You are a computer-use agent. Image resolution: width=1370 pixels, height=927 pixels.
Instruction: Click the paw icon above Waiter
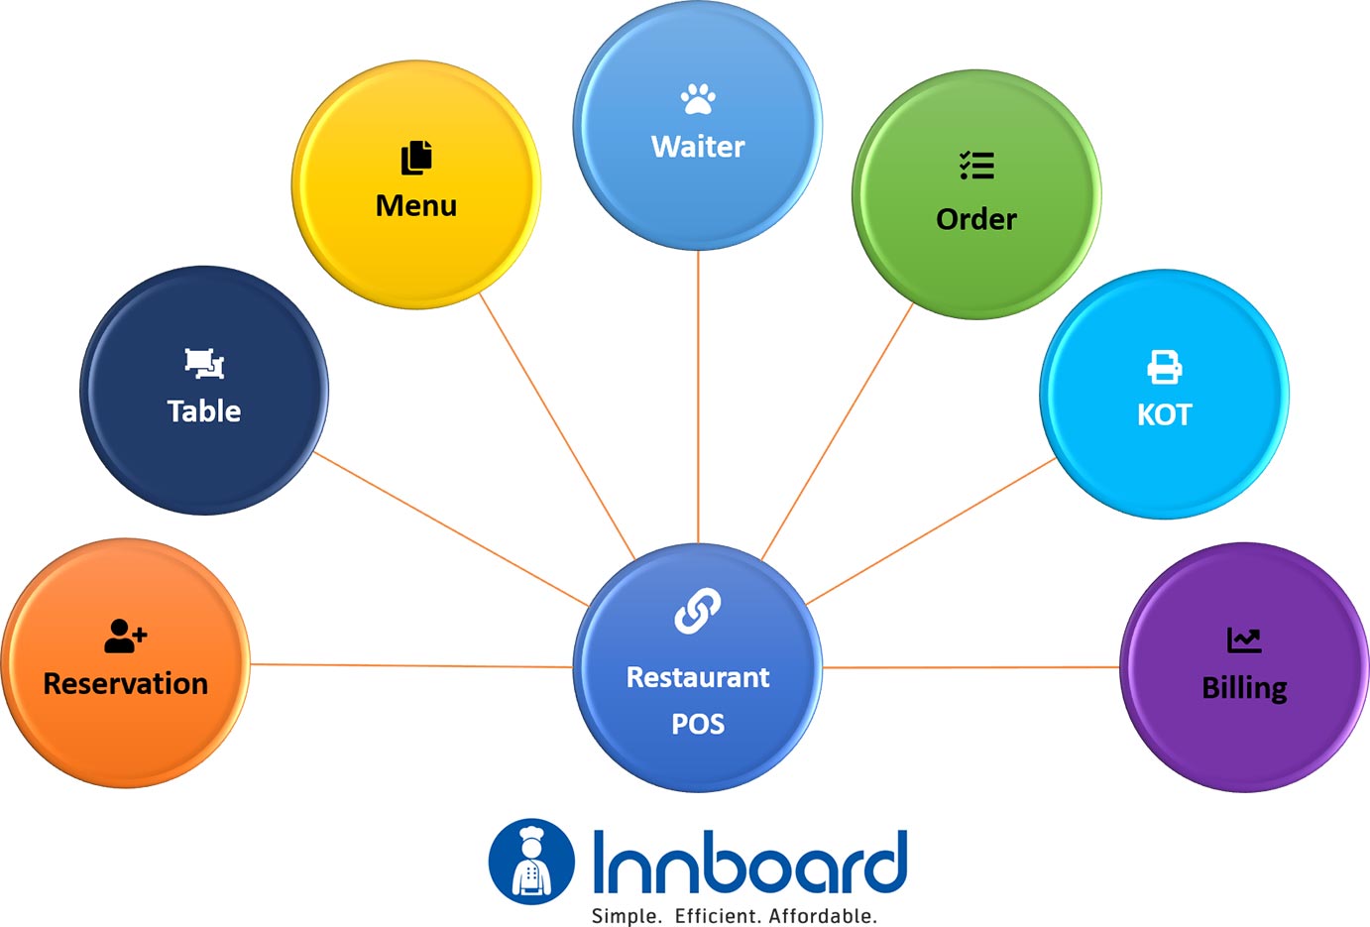pyautogui.click(x=698, y=98)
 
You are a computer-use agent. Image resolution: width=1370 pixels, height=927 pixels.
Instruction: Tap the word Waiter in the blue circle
pyautogui.click(x=698, y=147)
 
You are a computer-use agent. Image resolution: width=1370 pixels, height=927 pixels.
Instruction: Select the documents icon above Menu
pyautogui.click(x=416, y=158)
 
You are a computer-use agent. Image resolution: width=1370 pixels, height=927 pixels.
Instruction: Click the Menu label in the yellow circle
pyautogui.click(x=416, y=205)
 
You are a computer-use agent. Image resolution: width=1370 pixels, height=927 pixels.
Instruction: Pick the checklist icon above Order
pyautogui.click(x=976, y=166)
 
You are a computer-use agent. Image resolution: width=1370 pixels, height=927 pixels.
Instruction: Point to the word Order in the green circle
pyautogui.click(x=976, y=219)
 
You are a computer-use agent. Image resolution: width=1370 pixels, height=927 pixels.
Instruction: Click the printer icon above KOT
pyautogui.click(x=1165, y=367)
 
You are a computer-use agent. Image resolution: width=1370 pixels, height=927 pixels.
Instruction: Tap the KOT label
pyautogui.click(x=1165, y=414)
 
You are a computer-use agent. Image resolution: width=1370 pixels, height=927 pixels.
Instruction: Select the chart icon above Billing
pyautogui.click(x=1244, y=640)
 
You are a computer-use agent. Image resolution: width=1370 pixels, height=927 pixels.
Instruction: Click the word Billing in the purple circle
pyautogui.click(x=1244, y=688)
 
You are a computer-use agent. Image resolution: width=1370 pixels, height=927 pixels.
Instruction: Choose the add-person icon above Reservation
pyautogui.click(x=125, y=636)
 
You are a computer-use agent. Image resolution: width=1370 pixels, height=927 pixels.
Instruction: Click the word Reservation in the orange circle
pyautogui.click(x=126, y=684)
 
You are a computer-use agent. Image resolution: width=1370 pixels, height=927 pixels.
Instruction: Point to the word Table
pyautogui.click(x=204, y=411)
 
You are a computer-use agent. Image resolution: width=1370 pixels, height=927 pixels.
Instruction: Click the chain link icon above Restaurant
pyautogui.click(x=698, y=611)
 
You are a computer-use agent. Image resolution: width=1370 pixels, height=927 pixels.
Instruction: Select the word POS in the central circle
pyautogui.click(x=698, y=725)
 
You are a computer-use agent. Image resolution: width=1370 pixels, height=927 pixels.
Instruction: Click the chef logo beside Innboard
pyautogui.click(x=531, y=862)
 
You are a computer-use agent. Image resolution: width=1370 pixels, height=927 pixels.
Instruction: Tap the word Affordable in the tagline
pyautogui.click(x=823, y=916)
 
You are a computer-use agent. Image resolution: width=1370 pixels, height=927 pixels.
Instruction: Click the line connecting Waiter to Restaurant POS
pyautogui.click(x=698, y=397)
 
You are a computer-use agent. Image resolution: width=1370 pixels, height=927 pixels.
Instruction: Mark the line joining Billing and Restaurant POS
pyautogui.click(x=971, y=667)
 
